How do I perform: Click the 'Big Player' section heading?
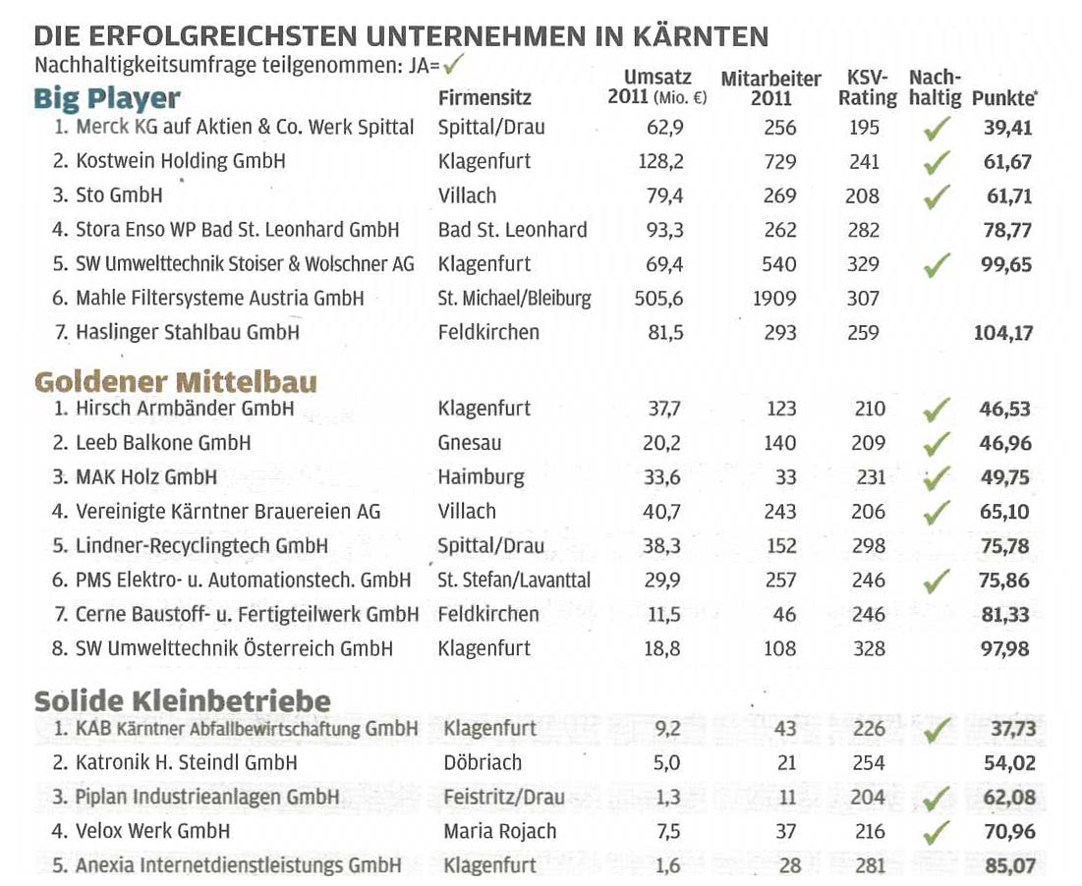pos(107,99)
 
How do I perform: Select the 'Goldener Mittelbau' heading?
pos(176,382)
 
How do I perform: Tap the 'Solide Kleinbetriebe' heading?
pos(183,701)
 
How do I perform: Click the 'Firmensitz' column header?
pos(484,98)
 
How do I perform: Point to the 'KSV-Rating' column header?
pos(868,87)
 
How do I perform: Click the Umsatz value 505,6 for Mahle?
pos(658,299)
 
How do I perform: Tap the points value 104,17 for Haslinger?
pos(1003,333)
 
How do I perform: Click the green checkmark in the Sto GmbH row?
pos(937,196)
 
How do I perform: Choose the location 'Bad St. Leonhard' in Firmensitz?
pos(512,230)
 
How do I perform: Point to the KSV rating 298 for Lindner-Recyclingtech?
pos(868,546)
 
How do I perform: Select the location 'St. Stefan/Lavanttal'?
pos(513,581)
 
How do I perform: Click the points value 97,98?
pos(1004,649)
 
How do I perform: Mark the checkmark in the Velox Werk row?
pos(937,832)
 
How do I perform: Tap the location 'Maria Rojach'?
pos(499,832)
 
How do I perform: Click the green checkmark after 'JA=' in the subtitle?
pos(453,65)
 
